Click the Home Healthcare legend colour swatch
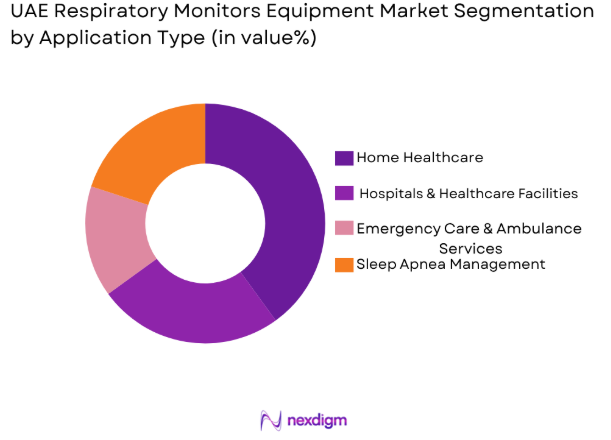(x=344, y=157)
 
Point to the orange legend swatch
(x=344, y=265)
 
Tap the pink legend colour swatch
(x=344, y=229)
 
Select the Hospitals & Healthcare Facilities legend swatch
(x=344, y=193)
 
